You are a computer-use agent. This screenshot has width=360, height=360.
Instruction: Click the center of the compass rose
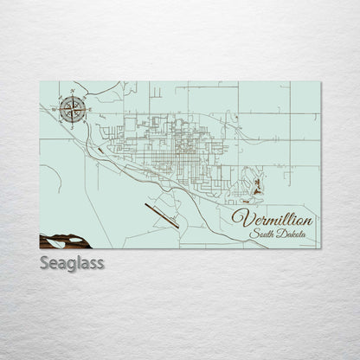pyautogui.click(x=72, y=108)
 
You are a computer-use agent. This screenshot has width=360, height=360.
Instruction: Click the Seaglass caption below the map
pyautogui.click(x=72, y=263)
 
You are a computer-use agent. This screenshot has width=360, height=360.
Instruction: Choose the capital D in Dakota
pyautogui.click(x=280, y=234)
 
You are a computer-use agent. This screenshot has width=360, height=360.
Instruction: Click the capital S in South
pyautogui.click(x=252, y=234)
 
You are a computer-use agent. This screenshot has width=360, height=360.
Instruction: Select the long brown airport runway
pyautogui.click(x=161, y=215)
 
